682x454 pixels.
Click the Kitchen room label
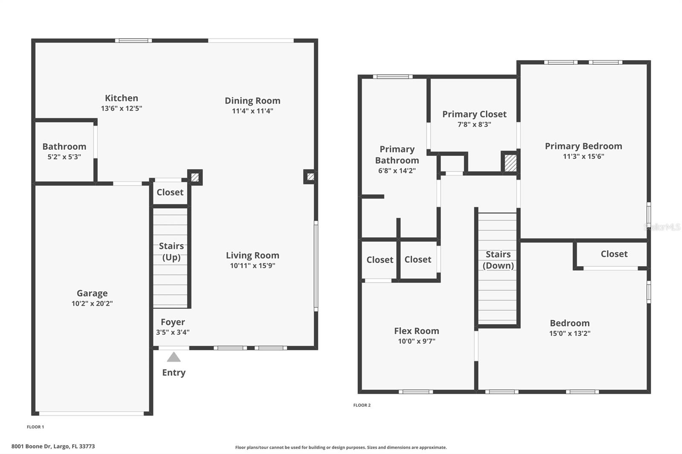121,98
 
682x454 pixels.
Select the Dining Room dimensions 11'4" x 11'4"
252,111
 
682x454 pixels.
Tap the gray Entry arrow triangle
173,357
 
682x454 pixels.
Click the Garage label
92,293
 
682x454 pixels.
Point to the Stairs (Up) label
171,251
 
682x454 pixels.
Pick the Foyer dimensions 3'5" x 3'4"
173,332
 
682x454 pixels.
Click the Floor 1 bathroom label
64,147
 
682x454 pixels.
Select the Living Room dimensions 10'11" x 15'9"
252,266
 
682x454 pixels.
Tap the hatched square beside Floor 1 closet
195,177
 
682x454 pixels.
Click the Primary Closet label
474,114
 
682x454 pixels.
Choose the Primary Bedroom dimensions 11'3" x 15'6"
583,156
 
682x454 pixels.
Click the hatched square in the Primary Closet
510,163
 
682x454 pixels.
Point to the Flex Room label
416,331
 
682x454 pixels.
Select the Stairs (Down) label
498,260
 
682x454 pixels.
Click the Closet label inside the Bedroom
614,254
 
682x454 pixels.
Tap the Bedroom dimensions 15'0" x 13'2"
569,333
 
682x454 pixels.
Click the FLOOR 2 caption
362,405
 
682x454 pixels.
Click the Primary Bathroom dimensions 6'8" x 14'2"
397,171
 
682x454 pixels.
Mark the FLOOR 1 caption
35,427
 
